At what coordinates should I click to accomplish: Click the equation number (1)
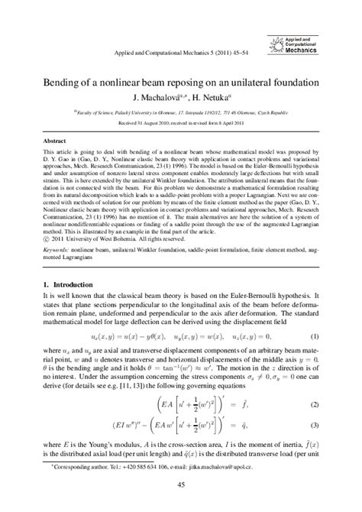[315, 315]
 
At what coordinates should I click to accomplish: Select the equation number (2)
[315, 403]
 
